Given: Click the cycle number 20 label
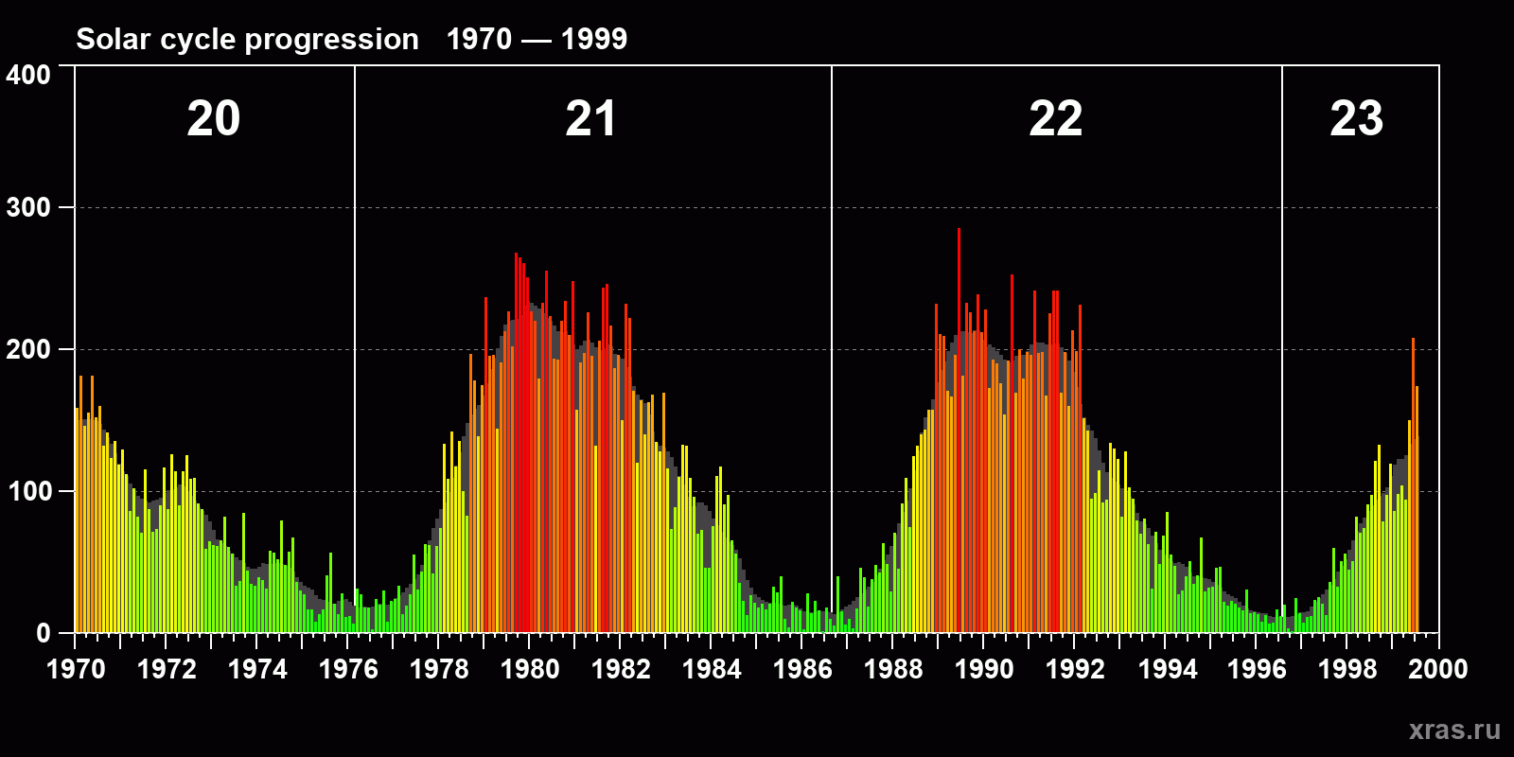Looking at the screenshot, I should click(x=213, y=119).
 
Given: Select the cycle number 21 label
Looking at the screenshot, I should click(x=590, y=119).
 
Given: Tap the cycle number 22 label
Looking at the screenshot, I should click(x=1055, y=119).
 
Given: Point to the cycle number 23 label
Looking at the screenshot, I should click(x=1356, y=119).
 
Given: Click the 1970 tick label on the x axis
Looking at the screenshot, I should click(x=76, y=669).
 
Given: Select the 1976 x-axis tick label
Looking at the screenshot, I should click(x=348, y=669).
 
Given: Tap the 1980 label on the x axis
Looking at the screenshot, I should click(x=530, y=669).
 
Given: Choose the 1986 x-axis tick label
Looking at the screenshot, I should click(x=802, y=669).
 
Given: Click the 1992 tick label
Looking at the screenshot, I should click(x=1075, y=669).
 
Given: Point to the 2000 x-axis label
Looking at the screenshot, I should click(x=1437, y=669).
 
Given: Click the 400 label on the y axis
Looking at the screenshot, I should click(x=28, y=75).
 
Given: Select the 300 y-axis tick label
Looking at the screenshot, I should click(x=28, y=207).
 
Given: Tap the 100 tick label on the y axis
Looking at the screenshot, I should click(x=28, y=491).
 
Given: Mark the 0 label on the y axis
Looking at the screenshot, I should click(x=44, y=633).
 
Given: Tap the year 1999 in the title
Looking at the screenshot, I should click(x=593, y=39).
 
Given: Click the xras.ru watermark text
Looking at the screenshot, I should click(x=1453, y=730).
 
